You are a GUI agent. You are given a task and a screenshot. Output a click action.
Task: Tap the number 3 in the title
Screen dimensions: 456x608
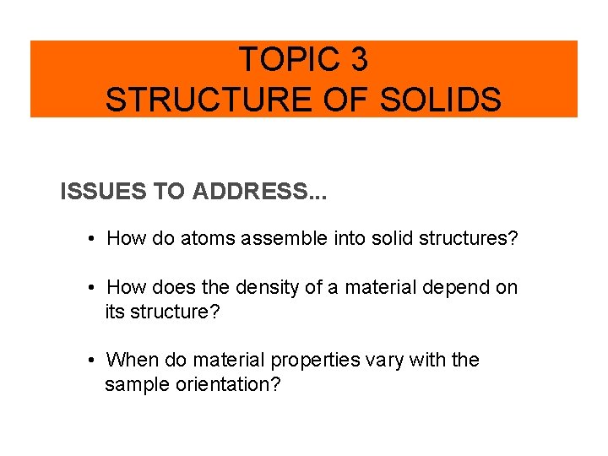point(358,60)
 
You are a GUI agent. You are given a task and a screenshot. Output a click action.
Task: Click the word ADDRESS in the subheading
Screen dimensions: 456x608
point(254,192)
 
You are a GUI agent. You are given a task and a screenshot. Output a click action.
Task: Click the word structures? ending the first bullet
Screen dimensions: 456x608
point(459,239)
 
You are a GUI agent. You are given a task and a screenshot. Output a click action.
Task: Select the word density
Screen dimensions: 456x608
point(267,288)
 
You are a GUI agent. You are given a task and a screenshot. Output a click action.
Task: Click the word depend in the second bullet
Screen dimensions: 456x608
point(453,288)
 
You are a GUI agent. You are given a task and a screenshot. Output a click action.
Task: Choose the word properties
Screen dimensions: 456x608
point(317,361)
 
